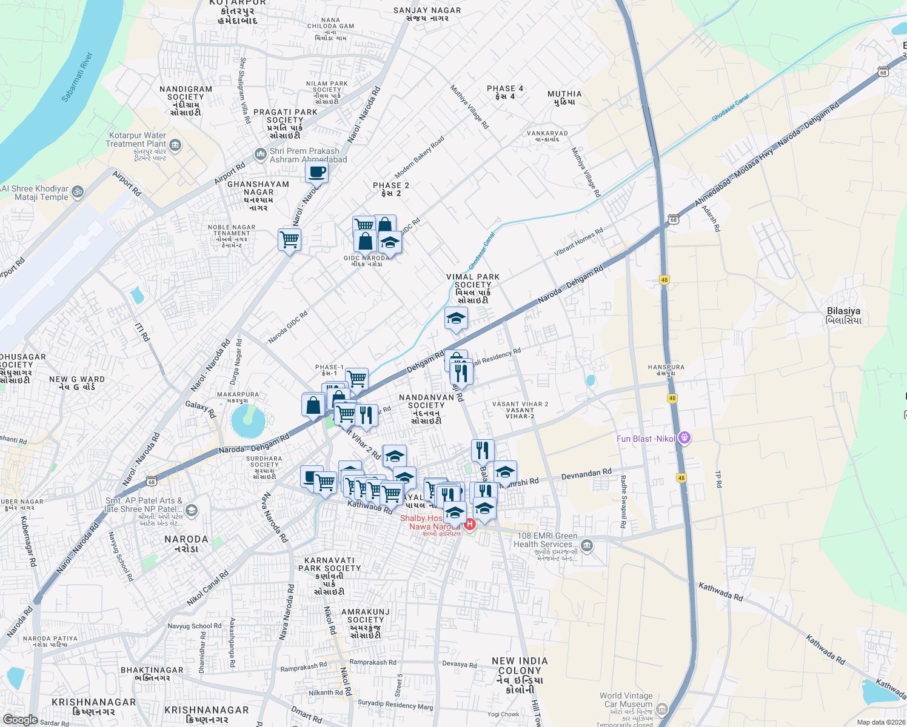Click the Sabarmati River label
pos(78,77)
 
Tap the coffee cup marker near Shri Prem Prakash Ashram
pos(316,172)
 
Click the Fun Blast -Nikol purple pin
pos(684,437)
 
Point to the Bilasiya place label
pos(843,315)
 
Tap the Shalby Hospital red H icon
pos(469,523)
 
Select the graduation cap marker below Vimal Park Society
pos(456,318)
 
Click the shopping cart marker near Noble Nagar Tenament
pos(289,240)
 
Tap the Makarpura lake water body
pos(247,422)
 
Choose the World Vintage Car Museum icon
pos(662,708)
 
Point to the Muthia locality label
pos(564,98)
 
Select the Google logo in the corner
pos(20,720)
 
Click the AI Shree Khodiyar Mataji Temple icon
pos(77,192)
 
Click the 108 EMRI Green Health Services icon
pos(586,546)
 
